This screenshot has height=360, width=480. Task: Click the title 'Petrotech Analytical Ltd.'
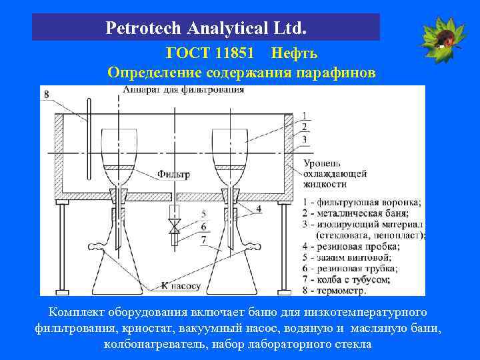(206, 29)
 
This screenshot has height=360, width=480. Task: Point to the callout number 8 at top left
(46, 95)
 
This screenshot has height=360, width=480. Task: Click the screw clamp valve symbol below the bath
(174, 227)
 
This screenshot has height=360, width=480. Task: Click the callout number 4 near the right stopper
(259, 209)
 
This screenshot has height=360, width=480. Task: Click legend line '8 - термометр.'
(333, 291)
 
